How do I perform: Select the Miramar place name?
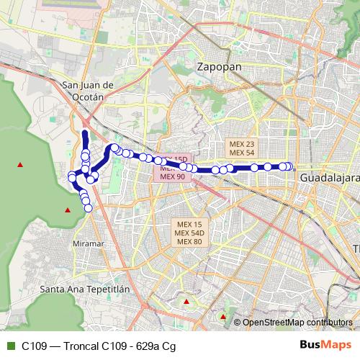coord(89,243)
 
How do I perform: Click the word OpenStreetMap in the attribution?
coord(274,322)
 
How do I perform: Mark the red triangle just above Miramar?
coord(68,210)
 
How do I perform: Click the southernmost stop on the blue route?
coord(89,208)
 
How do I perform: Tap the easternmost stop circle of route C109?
coord(289,166)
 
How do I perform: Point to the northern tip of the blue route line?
coord(85,133)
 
